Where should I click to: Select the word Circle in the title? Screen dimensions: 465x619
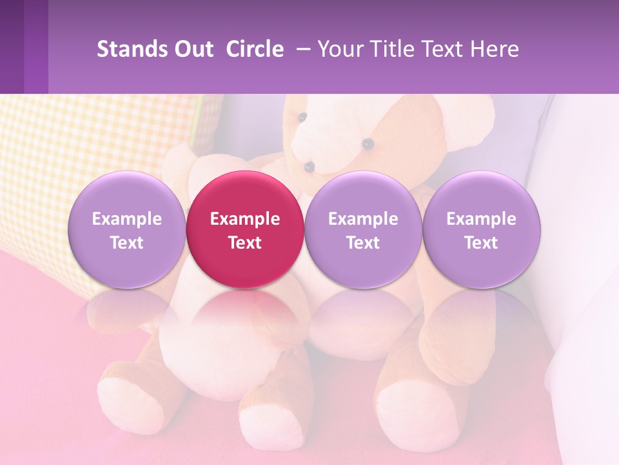[255, 50]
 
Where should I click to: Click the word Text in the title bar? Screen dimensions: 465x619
[446, 50]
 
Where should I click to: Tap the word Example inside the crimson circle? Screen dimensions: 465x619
[245, 219]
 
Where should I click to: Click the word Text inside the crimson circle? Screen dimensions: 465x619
[245, 243]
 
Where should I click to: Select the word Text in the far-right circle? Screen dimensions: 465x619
[481, 243]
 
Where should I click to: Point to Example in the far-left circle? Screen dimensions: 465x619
[126, 219]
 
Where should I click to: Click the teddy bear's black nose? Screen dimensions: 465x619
[309, 167]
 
